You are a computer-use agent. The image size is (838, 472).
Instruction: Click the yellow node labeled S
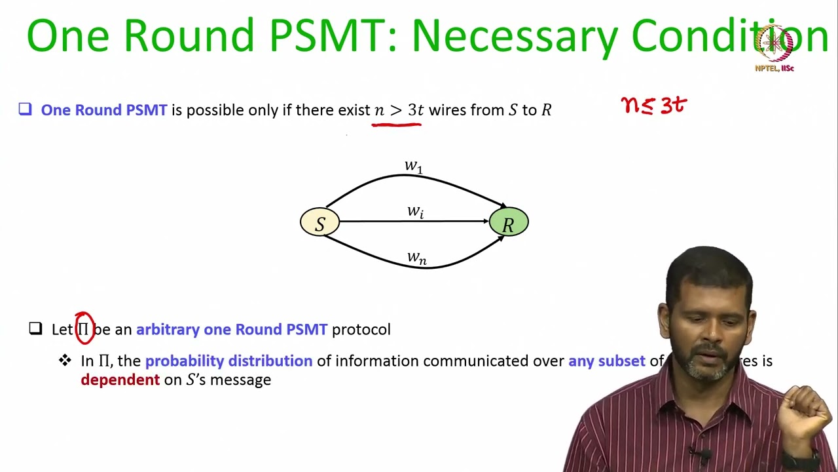[319, 223]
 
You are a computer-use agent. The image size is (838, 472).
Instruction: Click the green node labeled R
[509, 223]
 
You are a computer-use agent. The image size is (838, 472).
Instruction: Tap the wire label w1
[414, 167]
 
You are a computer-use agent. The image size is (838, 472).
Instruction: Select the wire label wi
[415, 211]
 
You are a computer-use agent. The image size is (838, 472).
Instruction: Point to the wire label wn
[416, 258]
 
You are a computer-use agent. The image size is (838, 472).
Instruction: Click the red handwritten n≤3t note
[653, 105]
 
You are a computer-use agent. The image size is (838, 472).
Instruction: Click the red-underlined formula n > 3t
[398, 110]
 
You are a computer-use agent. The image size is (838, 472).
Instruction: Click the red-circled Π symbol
[84, 329]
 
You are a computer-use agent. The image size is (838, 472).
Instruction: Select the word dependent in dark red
[120, 380]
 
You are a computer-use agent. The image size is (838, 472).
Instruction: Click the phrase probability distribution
[228, 361]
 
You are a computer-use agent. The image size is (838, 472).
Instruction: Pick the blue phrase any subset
[606, 361]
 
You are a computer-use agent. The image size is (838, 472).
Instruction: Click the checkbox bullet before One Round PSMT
[25, 109]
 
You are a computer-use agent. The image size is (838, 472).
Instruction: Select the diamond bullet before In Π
[65, 360]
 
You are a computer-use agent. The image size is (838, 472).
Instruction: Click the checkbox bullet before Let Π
[36, 328]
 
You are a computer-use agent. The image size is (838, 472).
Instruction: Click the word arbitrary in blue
[168, 329]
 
